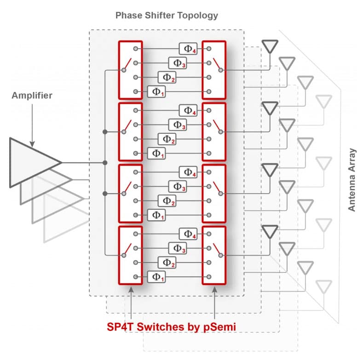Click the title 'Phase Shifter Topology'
[x=167, y=16]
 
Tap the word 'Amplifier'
[x=32, y=96]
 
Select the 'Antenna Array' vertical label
[x=352, y=179]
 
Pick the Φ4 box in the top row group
[x=188, y=48]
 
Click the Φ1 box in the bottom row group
[x=156, y=277]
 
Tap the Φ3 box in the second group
[x=177, y=125]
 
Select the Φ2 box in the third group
[x=167, y=200]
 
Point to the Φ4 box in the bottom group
[x=188, y=234]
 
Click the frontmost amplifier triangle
[x=34, y=163]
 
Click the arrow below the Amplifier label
[x=32, y=123]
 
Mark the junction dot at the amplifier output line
[x=105, y=163]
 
